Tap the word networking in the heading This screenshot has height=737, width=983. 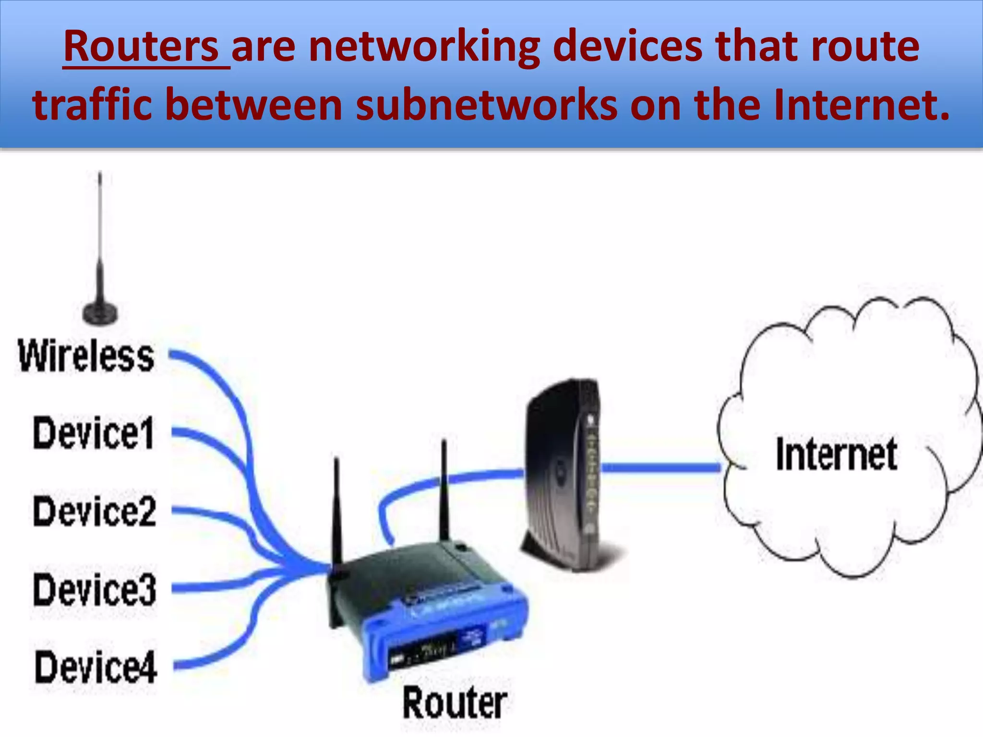click(x=425, y=47)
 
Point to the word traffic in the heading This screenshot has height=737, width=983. click(x=92, y=105)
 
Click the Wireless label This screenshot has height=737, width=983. click(x=86, y=356)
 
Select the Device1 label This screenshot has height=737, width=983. click(x=94, y=433)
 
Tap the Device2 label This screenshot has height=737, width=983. click(x=95, y=511)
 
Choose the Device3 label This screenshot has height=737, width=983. click(x=95, y=590)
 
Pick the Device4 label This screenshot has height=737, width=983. click(x=96, y=667)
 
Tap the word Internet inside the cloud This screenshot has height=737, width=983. click(x=836, y=454)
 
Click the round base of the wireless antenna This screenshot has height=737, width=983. click(x=100, y=312)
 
